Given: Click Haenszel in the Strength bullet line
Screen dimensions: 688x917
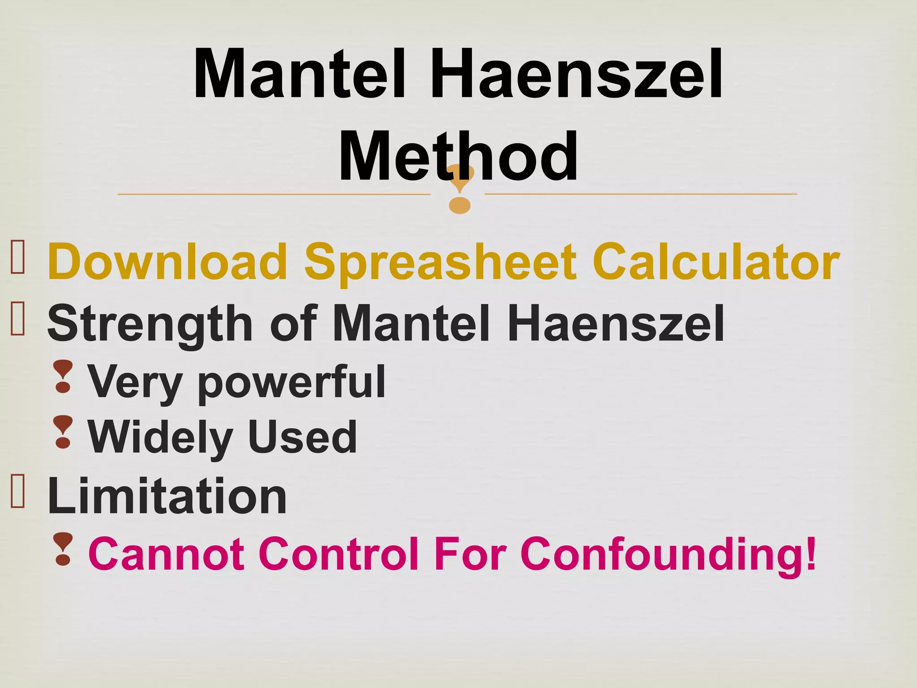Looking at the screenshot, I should pyautogui.click(x=616, y=322).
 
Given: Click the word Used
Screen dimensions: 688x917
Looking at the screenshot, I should pyautogui.click(x=303, y=436).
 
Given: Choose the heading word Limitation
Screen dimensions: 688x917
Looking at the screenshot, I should pyautogui.click(x=167, y=496).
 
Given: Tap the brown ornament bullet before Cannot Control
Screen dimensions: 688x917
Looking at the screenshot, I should pyautogui.click(x=63, y=549).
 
